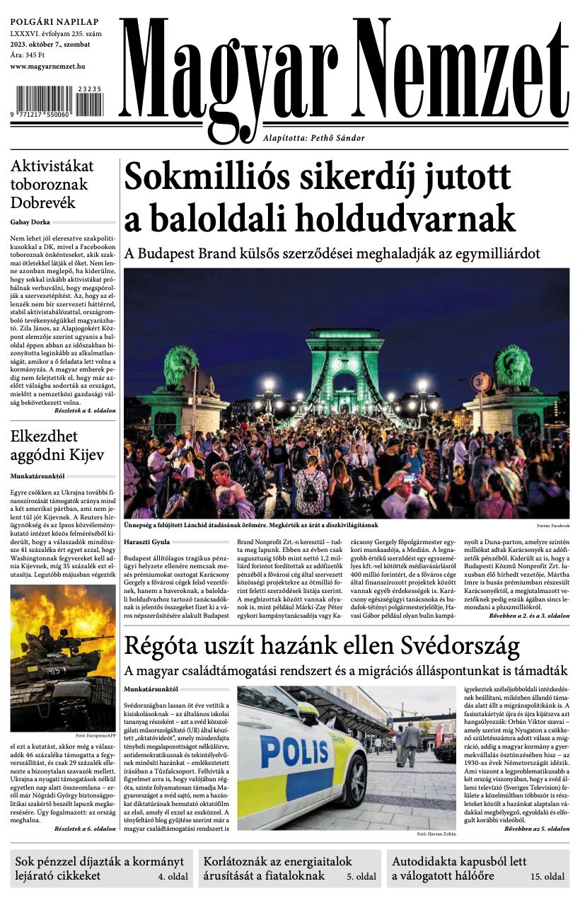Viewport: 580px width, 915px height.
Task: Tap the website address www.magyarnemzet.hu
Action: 48,66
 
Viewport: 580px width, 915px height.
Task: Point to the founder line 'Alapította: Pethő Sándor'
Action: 324,138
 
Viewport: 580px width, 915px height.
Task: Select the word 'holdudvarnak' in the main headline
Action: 406,217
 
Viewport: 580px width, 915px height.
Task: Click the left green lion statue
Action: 181,367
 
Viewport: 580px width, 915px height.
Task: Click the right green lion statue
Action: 514,367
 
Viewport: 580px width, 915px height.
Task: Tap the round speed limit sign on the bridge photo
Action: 481,382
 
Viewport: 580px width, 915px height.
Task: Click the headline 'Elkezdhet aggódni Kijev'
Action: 57,445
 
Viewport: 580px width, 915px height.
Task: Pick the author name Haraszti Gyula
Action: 147,541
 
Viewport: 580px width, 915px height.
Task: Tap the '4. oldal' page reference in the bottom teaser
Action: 171,876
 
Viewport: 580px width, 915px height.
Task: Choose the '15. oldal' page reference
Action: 547,876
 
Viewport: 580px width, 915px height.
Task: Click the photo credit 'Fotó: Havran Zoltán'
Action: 437,834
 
